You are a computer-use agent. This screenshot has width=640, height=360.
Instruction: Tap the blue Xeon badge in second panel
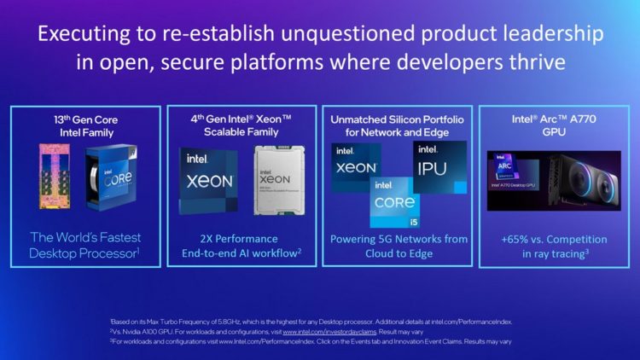tap(208, 181)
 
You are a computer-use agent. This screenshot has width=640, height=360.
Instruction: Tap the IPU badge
tap(439, 167)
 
